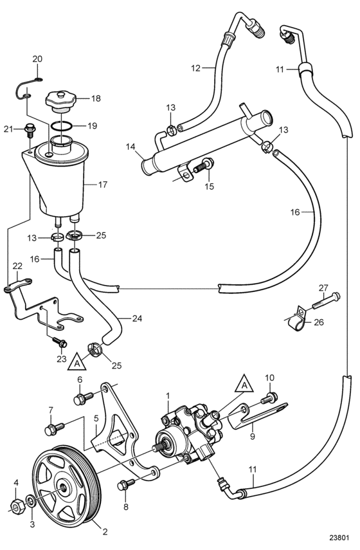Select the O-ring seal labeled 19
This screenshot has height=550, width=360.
click(x=61, y=125)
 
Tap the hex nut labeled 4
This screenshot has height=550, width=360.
click(x=15, y=506)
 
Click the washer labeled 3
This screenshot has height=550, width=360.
click(x=30, y=501)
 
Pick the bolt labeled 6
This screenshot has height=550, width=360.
click(x=84, y=398)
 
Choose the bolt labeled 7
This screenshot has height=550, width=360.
click(x=55, y=428)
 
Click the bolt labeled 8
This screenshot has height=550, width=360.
click(x=126, y=484)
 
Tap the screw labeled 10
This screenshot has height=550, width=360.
click(x=269, y=398)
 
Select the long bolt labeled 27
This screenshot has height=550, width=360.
click(x=326, y=300)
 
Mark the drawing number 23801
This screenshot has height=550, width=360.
click(x=339, y=538)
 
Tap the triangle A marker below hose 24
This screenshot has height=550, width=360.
click(x=77, y=362)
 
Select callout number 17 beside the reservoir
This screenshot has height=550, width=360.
click(x=102, y=185)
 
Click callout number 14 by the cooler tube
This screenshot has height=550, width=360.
click(x=130, y=146)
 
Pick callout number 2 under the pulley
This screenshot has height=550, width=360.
click(x=105, y=531)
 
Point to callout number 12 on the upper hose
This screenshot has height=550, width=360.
click(x=195, y=68)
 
